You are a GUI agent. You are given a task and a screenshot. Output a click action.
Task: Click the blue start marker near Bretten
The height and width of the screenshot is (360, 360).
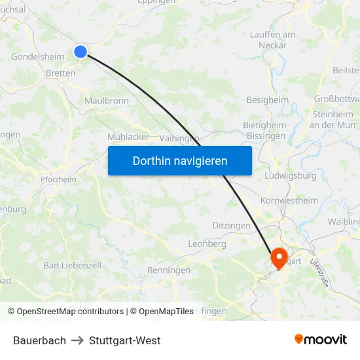81,51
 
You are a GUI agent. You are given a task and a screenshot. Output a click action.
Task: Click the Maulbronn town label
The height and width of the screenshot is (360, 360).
107,101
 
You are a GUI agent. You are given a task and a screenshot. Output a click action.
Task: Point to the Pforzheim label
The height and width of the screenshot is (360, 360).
58,179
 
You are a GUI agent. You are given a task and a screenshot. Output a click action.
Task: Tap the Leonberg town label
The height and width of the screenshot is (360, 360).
207,243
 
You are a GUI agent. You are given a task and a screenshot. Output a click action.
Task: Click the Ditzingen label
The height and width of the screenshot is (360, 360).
231,225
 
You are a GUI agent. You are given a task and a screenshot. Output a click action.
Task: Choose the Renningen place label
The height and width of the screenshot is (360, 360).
169,270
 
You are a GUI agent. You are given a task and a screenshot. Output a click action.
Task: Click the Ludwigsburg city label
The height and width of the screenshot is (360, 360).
291,175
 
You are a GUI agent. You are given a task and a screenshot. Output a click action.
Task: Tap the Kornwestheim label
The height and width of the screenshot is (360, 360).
289,200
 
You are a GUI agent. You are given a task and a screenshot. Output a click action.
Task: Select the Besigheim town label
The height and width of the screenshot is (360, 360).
267,100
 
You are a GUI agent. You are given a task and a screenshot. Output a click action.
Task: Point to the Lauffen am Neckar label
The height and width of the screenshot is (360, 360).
272,39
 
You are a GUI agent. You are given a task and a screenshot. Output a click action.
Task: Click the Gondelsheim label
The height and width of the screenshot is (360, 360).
38,56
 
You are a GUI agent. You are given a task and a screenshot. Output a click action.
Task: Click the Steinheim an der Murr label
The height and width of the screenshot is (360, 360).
331,119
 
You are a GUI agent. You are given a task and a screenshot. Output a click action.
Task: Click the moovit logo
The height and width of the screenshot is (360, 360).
321,340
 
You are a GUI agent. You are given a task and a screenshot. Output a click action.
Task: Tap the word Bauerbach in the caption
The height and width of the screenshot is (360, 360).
39,340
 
